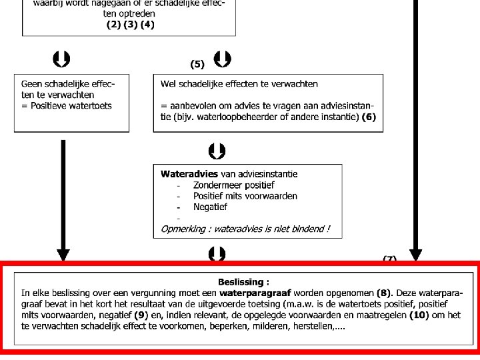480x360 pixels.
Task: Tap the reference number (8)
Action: click(385, 293)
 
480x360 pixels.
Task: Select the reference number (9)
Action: click(140, 315)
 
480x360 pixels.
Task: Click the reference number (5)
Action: click(197, 65)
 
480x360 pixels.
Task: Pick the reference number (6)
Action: click(369, 117)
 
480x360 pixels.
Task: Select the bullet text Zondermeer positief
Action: click(233, 185)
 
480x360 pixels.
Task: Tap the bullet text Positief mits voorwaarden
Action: click(245, 196)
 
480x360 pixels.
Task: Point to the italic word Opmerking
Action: click(184, 229)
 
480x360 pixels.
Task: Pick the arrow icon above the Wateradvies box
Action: click(217, 151)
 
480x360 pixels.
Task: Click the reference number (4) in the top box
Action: click(147, 25)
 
